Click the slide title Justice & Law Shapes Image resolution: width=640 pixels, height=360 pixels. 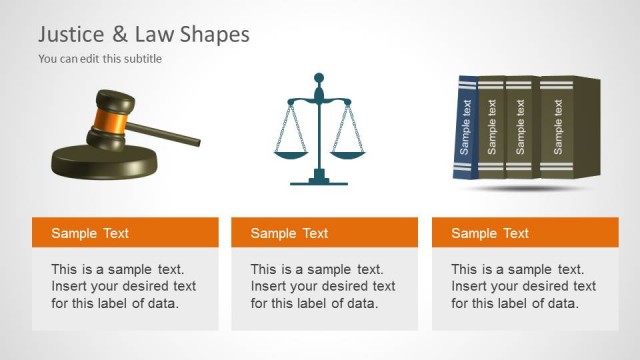144,35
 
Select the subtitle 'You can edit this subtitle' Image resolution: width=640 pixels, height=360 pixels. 100,59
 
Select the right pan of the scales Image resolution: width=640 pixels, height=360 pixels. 349,153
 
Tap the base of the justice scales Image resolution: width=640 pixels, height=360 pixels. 319,181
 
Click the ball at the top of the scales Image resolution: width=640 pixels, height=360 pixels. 319,77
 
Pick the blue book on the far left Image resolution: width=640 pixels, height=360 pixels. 465,128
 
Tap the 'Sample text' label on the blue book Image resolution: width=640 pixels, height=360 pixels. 465,128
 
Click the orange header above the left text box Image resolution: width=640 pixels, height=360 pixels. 125,233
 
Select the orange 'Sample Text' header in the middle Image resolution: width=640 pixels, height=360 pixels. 324,233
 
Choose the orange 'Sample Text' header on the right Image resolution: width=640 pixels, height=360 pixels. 525,233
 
